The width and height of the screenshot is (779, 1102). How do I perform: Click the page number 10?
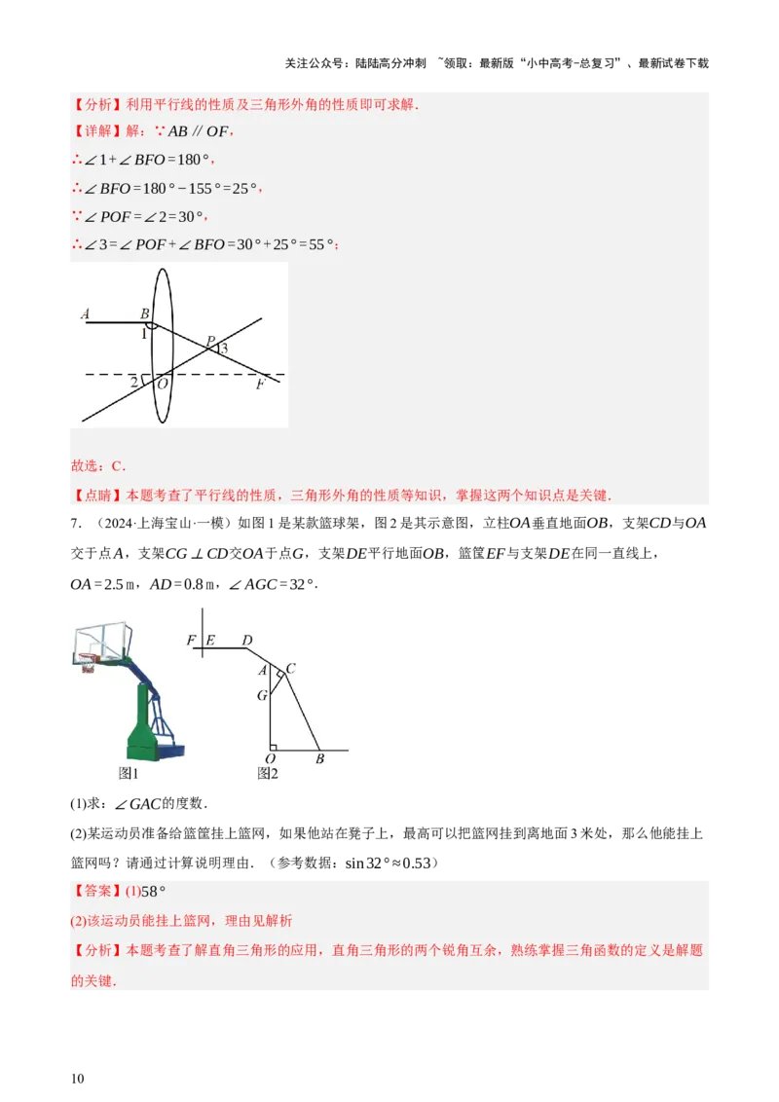77,1078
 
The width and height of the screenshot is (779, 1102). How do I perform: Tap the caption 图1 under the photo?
129,773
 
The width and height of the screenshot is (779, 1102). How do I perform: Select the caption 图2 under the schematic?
268,773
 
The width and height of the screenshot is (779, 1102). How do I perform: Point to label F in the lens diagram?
260,385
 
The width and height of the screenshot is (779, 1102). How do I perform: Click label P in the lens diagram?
209,342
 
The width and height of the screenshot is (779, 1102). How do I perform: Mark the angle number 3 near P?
224,348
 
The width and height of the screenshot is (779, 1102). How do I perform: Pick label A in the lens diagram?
85,314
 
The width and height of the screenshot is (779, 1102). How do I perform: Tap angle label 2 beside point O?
133,383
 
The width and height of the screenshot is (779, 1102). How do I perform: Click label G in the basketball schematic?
262,695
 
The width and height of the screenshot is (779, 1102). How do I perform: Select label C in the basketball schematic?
290,669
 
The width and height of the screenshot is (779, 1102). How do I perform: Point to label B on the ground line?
320,758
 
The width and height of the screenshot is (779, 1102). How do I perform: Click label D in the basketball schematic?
246,641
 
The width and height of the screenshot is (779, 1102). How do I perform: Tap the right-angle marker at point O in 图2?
274,747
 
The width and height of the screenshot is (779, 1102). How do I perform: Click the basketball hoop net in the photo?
88,664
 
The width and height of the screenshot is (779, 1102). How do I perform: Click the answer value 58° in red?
153,891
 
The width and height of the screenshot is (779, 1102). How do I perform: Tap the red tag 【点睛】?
97,496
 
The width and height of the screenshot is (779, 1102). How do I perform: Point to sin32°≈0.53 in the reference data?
389,863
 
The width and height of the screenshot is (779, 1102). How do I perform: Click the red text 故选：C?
98,466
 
